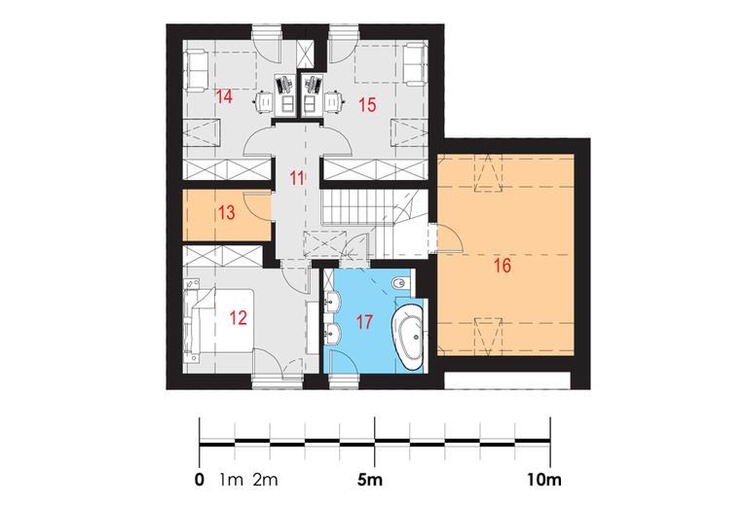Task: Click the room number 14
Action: [224, 96]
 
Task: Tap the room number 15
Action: [367, 104]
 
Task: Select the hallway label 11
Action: [297, 178]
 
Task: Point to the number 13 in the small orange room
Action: [227, 212]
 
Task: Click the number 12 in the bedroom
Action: [239, 318]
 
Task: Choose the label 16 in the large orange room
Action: [502, 266]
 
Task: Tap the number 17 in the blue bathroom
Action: [364, 322]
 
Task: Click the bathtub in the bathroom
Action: [408, 337]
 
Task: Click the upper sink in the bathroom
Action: [333, 301]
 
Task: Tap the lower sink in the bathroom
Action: [333, 333]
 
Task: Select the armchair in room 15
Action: [415, 65]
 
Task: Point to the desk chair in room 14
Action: [264, 102]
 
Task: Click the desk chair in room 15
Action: [334, 102]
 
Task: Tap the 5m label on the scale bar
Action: [370, 480]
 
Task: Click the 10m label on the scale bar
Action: [543, 480]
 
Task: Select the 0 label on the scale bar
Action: [200, 480]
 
